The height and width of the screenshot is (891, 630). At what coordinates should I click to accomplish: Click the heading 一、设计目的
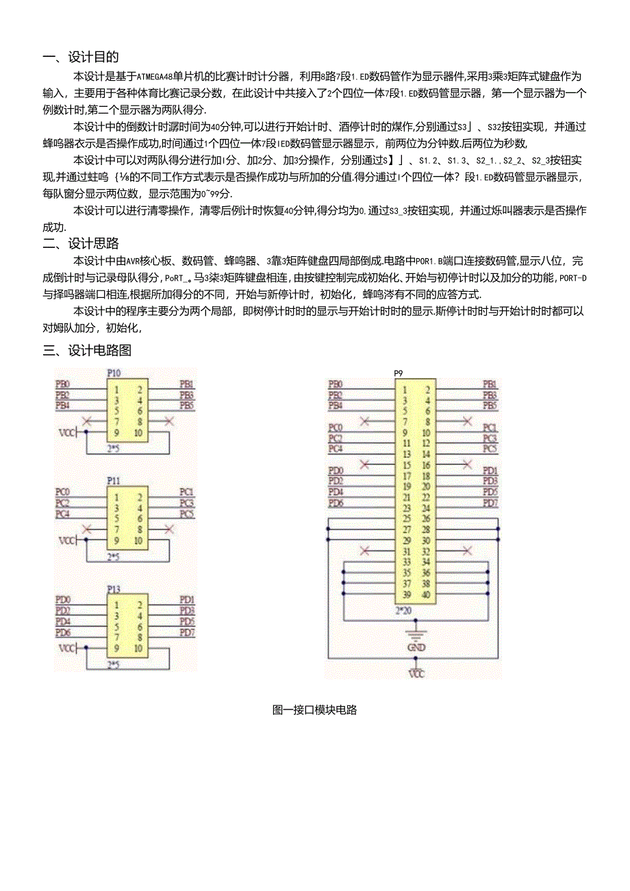80,57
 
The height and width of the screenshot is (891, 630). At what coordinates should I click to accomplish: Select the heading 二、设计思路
80,243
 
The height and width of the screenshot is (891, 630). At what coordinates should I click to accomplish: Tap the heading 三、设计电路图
87,351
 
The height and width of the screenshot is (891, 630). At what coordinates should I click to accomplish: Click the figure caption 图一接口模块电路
314,710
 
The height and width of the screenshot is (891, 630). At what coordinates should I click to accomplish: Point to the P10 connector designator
114,373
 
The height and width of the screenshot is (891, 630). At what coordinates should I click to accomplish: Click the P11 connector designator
114,481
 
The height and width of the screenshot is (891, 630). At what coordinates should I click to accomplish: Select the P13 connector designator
114,589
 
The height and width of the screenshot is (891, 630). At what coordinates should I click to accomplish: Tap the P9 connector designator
399,373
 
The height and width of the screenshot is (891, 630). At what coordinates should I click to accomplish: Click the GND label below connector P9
416,647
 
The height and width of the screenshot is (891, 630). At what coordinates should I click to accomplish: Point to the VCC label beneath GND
416,675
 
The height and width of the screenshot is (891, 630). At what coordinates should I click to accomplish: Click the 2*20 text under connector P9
405,609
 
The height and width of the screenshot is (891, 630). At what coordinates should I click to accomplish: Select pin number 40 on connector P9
426,594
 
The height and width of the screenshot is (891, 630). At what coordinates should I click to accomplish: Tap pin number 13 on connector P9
407,454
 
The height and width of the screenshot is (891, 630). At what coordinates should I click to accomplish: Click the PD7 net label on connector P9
490,503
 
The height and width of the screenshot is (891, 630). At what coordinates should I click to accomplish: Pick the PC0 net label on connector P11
62,492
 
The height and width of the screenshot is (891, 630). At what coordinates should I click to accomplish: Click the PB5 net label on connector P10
186,405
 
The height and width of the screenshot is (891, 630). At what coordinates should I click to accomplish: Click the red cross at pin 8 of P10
168,421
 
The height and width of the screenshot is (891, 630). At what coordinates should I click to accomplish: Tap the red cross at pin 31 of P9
365,550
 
